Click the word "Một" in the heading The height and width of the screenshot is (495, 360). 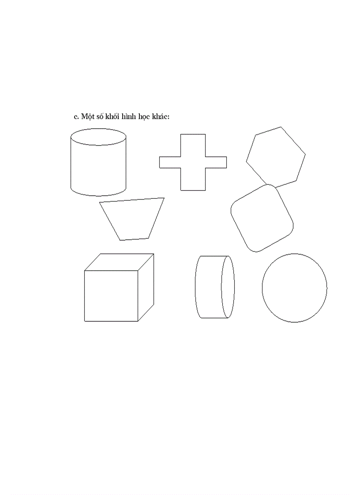[87, 116]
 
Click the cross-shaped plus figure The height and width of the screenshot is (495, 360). [193, 162]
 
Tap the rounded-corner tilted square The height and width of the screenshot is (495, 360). [262, 218]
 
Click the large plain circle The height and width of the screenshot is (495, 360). [294, 288]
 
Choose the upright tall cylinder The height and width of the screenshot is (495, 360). [98, 165]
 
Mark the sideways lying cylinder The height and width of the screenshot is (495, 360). [214, 287]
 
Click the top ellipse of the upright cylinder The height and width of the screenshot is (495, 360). [98, 137]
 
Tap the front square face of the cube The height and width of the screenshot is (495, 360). [111, 296]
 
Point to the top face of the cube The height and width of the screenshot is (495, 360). [119, 262]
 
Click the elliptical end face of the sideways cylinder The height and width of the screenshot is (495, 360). [228, 287]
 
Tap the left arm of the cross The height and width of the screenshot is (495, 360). [169, 162]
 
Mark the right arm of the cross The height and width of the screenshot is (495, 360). [216, 162]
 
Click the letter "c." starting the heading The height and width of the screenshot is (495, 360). [76, 117]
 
